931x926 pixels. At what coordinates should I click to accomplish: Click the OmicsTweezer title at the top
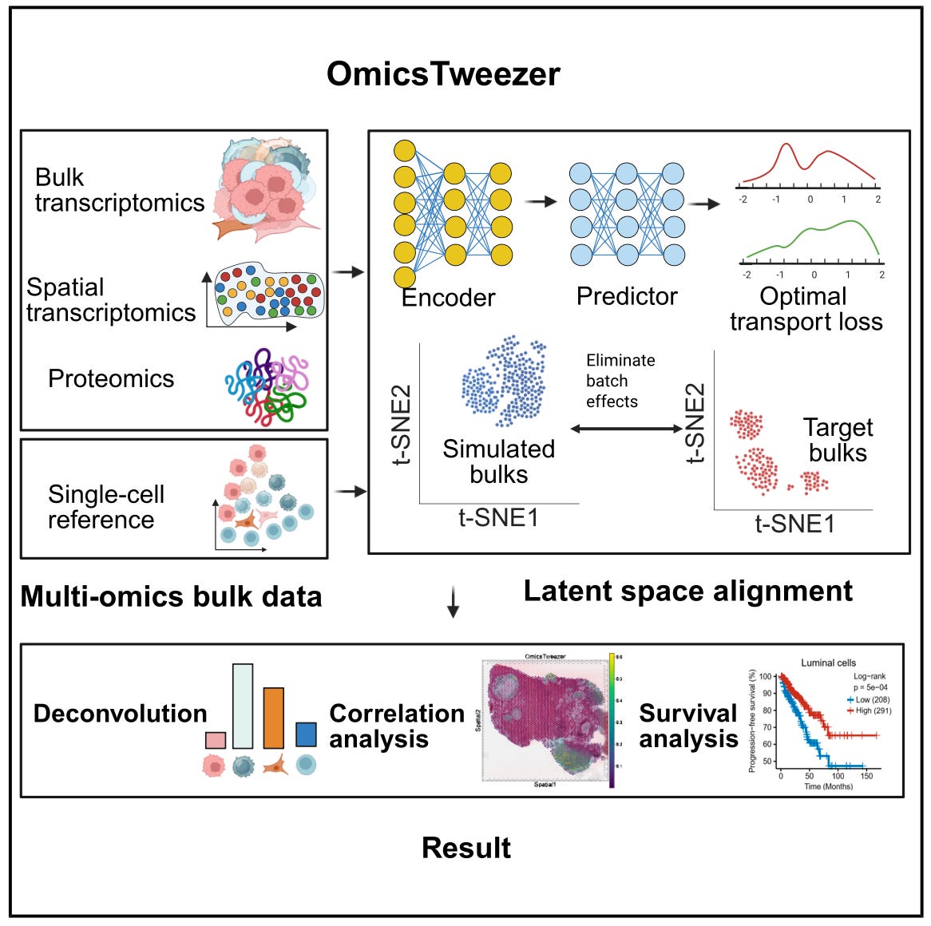(x=443, y=74)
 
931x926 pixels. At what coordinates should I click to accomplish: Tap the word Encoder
(x=448, y=298)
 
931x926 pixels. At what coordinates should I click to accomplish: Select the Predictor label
(x=627, y=296)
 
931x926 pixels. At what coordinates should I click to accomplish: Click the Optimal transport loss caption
(x=806, y=309)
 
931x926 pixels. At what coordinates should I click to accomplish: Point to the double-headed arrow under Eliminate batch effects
(x=627, y=429)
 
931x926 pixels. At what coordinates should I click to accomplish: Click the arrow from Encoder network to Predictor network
(x=541, y=201)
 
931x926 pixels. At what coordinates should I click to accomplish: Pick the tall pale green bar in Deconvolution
(x=243, y=706)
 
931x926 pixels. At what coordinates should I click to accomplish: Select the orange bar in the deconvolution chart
(x=274, y=718)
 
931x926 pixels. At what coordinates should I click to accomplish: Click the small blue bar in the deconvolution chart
(x=306, y=734)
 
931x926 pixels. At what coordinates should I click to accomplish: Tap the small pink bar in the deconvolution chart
(x=216, y=740)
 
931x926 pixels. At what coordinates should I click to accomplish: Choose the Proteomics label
(x=111, y=378)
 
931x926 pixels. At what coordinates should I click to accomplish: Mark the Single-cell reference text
(x=105, y=507)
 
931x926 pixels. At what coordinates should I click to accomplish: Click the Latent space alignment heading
(x=687, y=591)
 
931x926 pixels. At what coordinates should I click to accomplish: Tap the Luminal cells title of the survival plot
(x=828, y=663)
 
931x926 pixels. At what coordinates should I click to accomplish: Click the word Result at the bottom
(x=466, y=848)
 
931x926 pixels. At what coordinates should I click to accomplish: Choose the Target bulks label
(x=838, y=440)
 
